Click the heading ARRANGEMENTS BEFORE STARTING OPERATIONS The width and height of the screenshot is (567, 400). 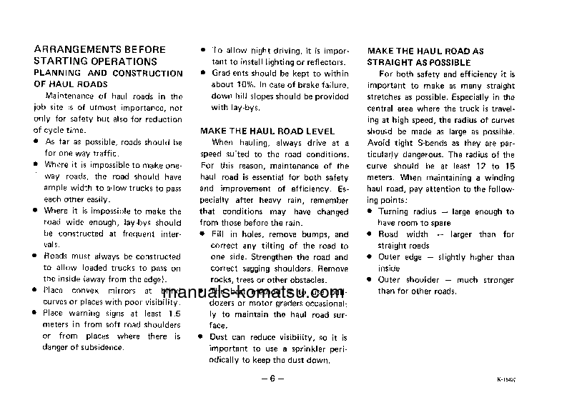click(99, 55)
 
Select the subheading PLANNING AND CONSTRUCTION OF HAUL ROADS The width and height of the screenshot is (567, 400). click(108, 79)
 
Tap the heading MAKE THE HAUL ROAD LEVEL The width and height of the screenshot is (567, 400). click(267, 131)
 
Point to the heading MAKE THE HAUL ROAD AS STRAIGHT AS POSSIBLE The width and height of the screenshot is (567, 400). click(425, 57)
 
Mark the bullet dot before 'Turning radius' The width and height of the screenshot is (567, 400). click(370, 211)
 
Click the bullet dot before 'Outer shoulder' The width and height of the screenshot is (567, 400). click(370, 280)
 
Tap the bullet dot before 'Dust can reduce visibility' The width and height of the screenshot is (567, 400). click(204, 337)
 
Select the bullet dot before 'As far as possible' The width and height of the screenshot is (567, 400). click(36, 142)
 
